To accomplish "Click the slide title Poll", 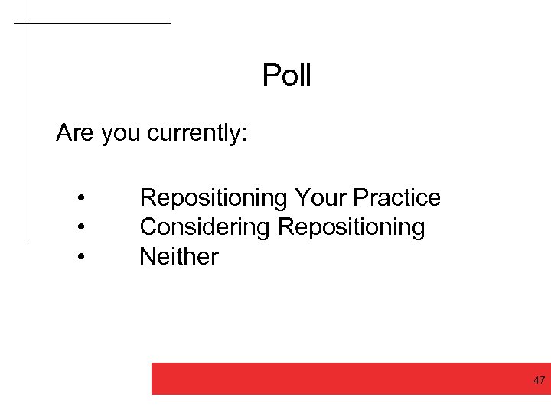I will click(x=287, y=76).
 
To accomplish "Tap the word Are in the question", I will click(x=74, y=133).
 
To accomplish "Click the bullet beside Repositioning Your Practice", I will click(x=80, y=199).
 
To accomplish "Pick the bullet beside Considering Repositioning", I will click(x=80, y=228).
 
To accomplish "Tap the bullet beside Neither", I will click(x=80, y=257).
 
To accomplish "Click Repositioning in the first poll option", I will click(x=212, y=198).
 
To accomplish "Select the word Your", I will click(x=321, y=198).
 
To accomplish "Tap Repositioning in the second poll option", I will click(x=351, y=227).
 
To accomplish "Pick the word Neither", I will click(x=178, y=256).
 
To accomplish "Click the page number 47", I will click(x=539, y=380).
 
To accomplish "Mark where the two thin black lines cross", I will click(x=28, y=23).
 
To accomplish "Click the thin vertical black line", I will click(x=28, y=138).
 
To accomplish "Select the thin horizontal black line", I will click(x=99, y=23).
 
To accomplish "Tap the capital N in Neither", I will click(x=147, y=256).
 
